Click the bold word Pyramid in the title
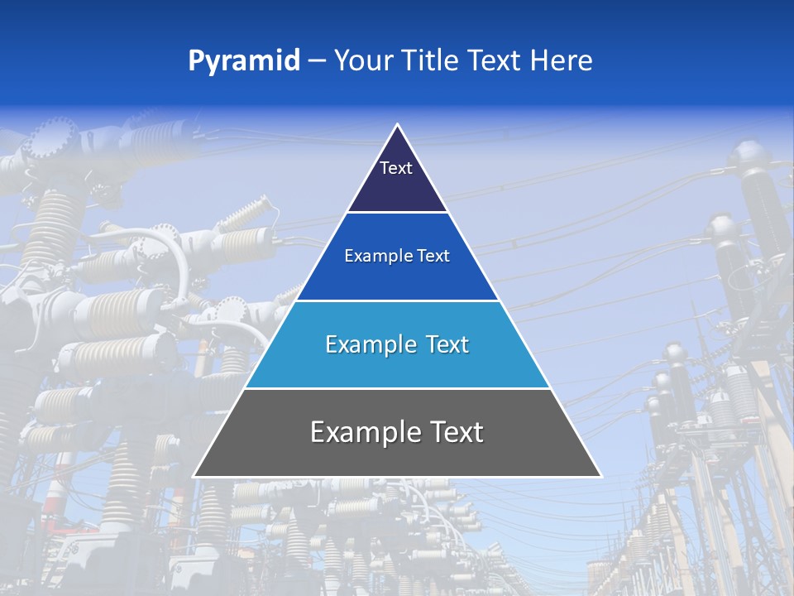[x=244, y=61]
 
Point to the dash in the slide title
[x=317, y=61]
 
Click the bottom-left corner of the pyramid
[x=195, y=476]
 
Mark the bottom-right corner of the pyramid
[x=600, y=476]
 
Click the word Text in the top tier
[x=396, y=168]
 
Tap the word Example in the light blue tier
[x=369, y=344]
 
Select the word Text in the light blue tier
[x=445, y=344]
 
